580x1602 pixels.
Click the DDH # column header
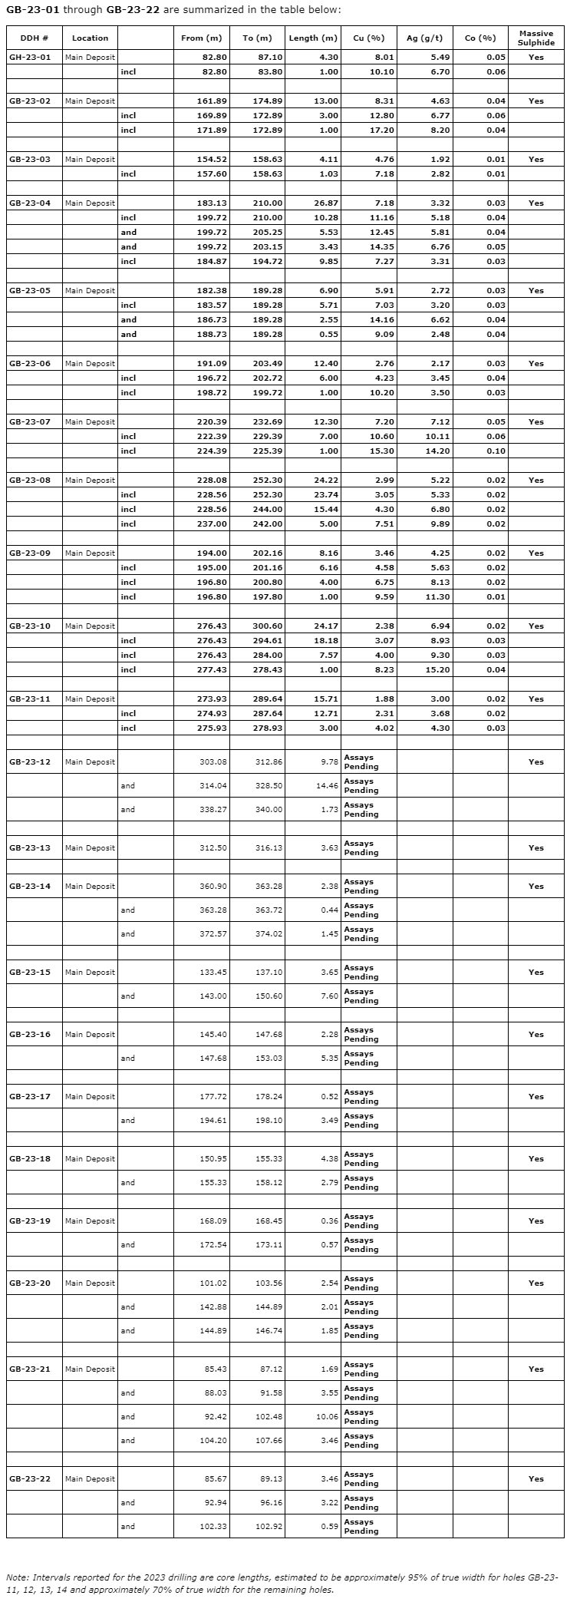[x=35, y=38]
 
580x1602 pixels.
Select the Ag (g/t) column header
[x=424, y=38]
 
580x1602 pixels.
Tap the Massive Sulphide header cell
[x=536, y=38]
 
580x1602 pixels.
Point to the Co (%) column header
[x=480, y=38]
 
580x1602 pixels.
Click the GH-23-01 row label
[x=31, y=58]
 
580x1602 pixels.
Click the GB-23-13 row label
[x=30, y=848]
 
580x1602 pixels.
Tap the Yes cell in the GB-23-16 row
[x=536, y=1035]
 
